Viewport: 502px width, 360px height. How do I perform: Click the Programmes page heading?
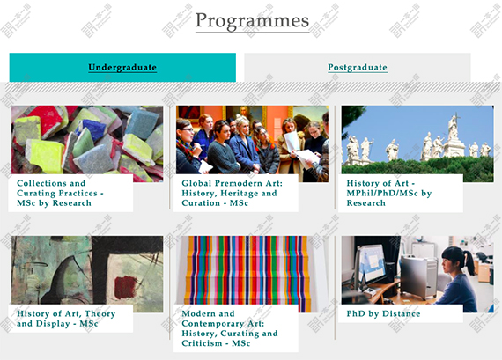(252, 21)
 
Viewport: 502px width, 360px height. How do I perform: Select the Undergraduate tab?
(122, 68)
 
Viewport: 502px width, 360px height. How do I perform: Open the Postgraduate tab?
(358, 68)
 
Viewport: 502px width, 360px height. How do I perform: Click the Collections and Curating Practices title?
(60, 193)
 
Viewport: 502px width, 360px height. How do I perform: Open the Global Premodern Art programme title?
(233, 193)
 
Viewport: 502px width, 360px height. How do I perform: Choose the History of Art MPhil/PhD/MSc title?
(389, 193)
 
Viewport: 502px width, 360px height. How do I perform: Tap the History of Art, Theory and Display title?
(66, 319)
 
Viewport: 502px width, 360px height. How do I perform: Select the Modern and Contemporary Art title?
(230, 328)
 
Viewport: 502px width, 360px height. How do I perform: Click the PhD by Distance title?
(383, 313)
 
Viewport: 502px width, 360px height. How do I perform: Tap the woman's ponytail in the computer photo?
(469, 263)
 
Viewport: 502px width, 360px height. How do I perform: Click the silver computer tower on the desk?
(418, 277)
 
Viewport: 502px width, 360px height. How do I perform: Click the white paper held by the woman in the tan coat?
(292, 142)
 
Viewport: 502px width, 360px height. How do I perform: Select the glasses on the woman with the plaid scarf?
(188, 129)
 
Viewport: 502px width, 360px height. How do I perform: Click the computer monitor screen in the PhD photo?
(372, 263)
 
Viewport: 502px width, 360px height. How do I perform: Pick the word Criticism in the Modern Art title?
(202, 343)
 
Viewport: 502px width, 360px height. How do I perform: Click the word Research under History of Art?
(366, 202)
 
